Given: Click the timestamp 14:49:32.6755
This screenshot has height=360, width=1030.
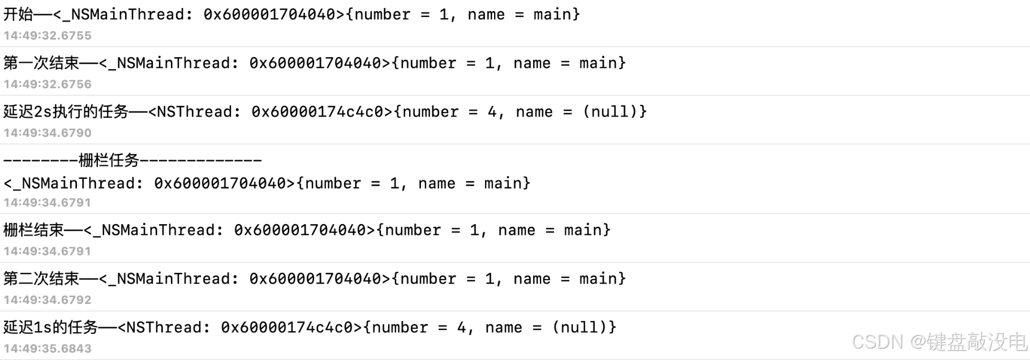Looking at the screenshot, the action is pyautogui.click(x=48, y=36).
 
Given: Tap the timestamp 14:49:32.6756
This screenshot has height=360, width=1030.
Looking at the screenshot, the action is pyautogui.click(x=48, y=84).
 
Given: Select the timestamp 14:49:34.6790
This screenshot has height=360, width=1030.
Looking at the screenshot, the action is pyautogui.click(x=48, y=133).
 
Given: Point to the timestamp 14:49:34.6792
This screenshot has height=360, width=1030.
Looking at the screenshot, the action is pyautogui.click(x=48, y=300).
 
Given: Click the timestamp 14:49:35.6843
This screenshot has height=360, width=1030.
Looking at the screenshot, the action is pyautogui.click(x=48, y=349).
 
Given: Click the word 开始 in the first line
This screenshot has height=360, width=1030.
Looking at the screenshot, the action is pyautogui.click(x=18, y=14).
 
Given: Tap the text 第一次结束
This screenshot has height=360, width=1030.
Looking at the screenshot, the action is pyautogui.click(x=41, y=63).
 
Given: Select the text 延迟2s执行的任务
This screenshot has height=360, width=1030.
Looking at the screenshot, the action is pyautogui.click(x=66, y=112).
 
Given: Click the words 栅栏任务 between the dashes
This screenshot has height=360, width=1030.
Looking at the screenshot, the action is pyautogui.click(x=109, y=161).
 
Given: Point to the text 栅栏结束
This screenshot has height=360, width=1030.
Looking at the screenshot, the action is pyautogui.click(x=33, y=230).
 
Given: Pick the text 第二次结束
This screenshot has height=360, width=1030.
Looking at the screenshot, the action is pyautogui.click(x=41, y=278).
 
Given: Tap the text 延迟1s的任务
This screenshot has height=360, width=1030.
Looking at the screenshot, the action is pyautogui.click(x=50, y=327).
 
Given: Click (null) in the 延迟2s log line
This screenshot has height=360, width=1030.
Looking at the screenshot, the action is pyautogui.click(x=610, y=112).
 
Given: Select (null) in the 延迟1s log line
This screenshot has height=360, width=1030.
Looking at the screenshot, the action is pyautogui.click(x=580, y=327).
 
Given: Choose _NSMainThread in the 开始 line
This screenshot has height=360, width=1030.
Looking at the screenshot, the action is pyautogui.click(x=123, y=14).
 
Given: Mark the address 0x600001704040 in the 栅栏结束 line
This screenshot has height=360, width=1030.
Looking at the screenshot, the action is pyautogui.click(x=300, y=230).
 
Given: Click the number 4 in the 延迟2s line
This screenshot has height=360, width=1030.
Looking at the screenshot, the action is pyautogui.click(x=492, y=112).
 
